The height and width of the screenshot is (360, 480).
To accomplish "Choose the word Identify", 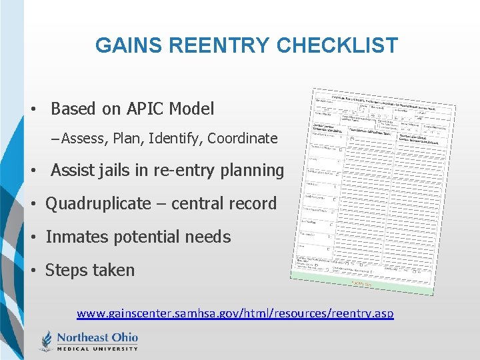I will (175, 139).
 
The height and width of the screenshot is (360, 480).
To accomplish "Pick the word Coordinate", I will (242, 139).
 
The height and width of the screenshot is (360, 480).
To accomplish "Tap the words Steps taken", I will (90, 270).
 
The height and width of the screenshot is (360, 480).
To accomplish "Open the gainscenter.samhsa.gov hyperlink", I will (235, 313).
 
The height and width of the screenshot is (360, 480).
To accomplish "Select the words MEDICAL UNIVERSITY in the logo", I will (97, 348).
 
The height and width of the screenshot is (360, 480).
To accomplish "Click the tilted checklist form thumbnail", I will (373, 191).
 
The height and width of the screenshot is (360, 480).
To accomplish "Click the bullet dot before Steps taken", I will (32, 271).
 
